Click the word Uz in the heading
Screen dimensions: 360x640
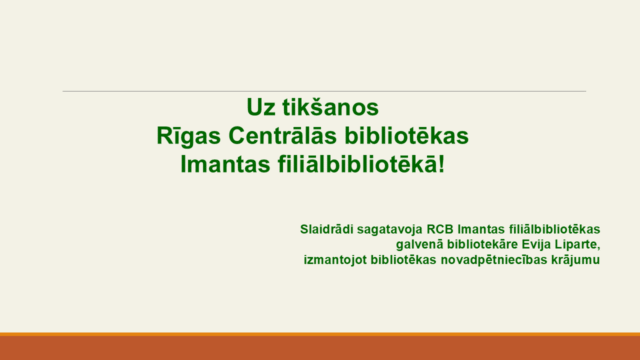[x=261, y=106]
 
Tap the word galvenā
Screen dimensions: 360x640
[x=419, y=244]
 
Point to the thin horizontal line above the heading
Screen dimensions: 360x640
[x=320, y=91]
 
